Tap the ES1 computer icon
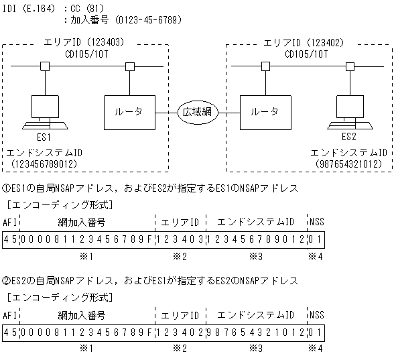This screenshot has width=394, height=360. (x=46, y=113)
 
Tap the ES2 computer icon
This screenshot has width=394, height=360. (x=348, y=113)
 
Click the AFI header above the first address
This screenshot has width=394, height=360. (x=10, y=222)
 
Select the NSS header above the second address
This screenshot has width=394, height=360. (x=316, y=314)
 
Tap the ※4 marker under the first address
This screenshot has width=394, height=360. (x=316, y=256)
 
